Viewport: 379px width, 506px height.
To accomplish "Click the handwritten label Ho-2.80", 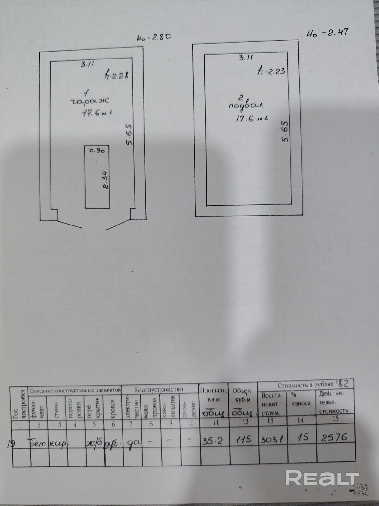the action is [x=154, y=38].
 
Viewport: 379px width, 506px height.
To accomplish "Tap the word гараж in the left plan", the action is [x=89, y=102].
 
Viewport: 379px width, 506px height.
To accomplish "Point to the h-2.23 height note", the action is [x=271, y=71].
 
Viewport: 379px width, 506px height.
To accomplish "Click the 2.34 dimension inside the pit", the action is [x=105, y=181].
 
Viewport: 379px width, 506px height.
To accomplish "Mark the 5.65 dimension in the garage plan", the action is [x=129, y=135].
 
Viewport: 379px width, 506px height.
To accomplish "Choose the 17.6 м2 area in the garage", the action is [x=97, y=113].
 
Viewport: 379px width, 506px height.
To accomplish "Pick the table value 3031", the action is [x=271, y=439].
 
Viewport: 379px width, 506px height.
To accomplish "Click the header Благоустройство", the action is [x=159, y=389].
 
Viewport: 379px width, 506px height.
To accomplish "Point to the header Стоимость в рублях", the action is [x=305, y=385].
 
